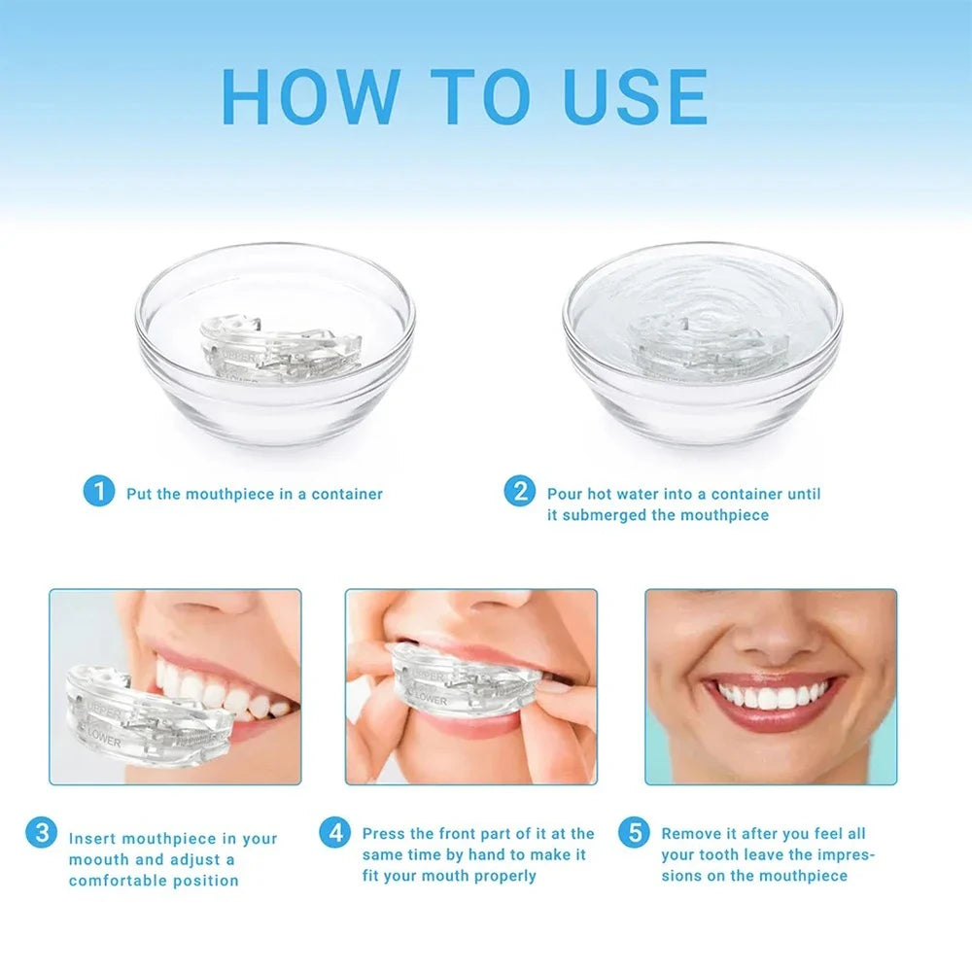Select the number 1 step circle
coord(98,492)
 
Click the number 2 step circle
coord(519,492)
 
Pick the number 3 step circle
coord(41,833)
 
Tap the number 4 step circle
coord(334,832)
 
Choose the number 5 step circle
coord(634,832)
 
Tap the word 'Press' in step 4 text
coord(384,833)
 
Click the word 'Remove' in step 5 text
coord(691,833)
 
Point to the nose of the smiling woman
coord(770,637)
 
